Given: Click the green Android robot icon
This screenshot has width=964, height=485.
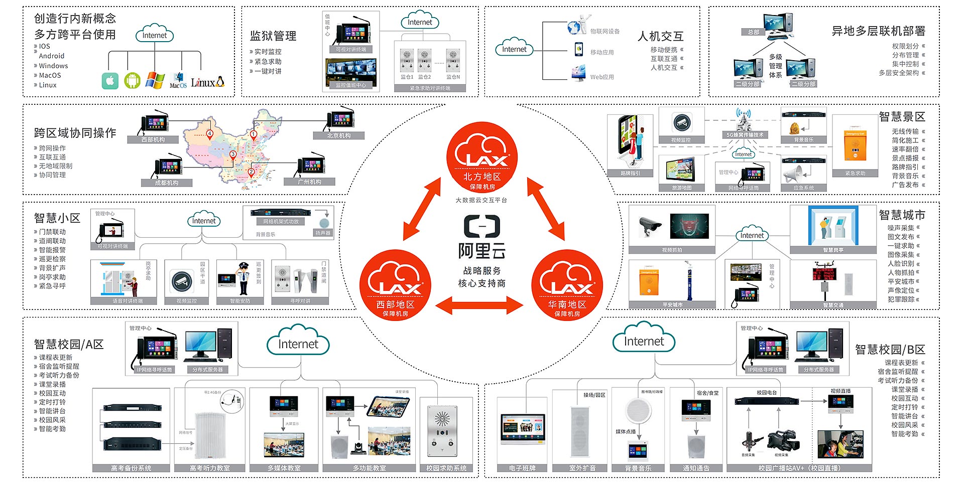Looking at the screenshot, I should [132, 80].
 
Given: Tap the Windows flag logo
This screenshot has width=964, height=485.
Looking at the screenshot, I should [155, 80].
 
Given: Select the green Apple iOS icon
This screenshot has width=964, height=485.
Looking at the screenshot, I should [110, 80].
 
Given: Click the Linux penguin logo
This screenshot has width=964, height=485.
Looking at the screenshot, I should [219, 82].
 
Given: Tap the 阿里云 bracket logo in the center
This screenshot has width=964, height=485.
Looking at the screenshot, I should [481, 226].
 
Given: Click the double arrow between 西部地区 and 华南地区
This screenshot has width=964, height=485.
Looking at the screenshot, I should [479, 304].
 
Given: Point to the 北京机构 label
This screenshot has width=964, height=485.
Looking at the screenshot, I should [339, 135].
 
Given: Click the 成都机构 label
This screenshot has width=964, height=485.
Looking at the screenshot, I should [167, 183].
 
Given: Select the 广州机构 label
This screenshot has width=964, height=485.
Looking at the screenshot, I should [309, 182].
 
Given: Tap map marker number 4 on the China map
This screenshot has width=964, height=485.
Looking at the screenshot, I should [210, 134].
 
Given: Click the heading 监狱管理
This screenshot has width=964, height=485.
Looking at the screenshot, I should [273, 36].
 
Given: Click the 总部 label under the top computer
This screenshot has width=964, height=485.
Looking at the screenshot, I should [754, 32].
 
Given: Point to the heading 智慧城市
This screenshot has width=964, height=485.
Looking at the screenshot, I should [902, 215].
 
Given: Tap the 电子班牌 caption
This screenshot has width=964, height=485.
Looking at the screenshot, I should [522, 468].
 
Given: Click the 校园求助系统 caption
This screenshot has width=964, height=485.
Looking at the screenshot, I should [446, 468].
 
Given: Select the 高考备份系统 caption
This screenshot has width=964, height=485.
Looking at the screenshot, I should [131, 468].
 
